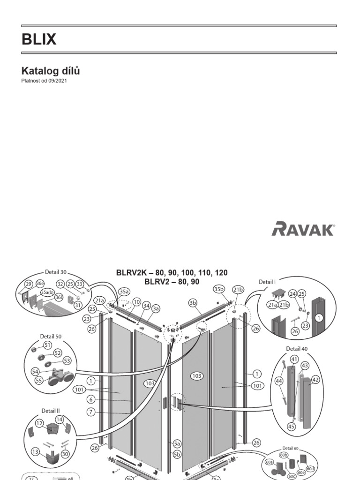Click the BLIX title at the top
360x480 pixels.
[39, 40]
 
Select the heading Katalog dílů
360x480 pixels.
[51, 71]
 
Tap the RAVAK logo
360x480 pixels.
[303, 229]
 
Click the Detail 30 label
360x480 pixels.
[56, 271]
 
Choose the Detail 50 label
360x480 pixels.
[51, 337]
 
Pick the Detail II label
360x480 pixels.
[51, 411]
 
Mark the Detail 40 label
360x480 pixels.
[297, 349]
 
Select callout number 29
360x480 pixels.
[28, 285]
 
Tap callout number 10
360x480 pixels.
[136, 302]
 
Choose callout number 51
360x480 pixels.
[47, 345]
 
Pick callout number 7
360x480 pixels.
[91, 412]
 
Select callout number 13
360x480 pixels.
[35, 451]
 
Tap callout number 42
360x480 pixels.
[315, 380]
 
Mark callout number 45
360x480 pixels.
[292, 426]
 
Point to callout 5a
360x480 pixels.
[177, 443]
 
